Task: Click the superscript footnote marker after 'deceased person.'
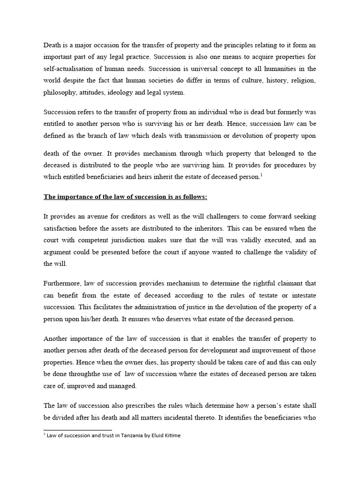(x=261, y=175)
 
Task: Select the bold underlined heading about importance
(x=126, y=196)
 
